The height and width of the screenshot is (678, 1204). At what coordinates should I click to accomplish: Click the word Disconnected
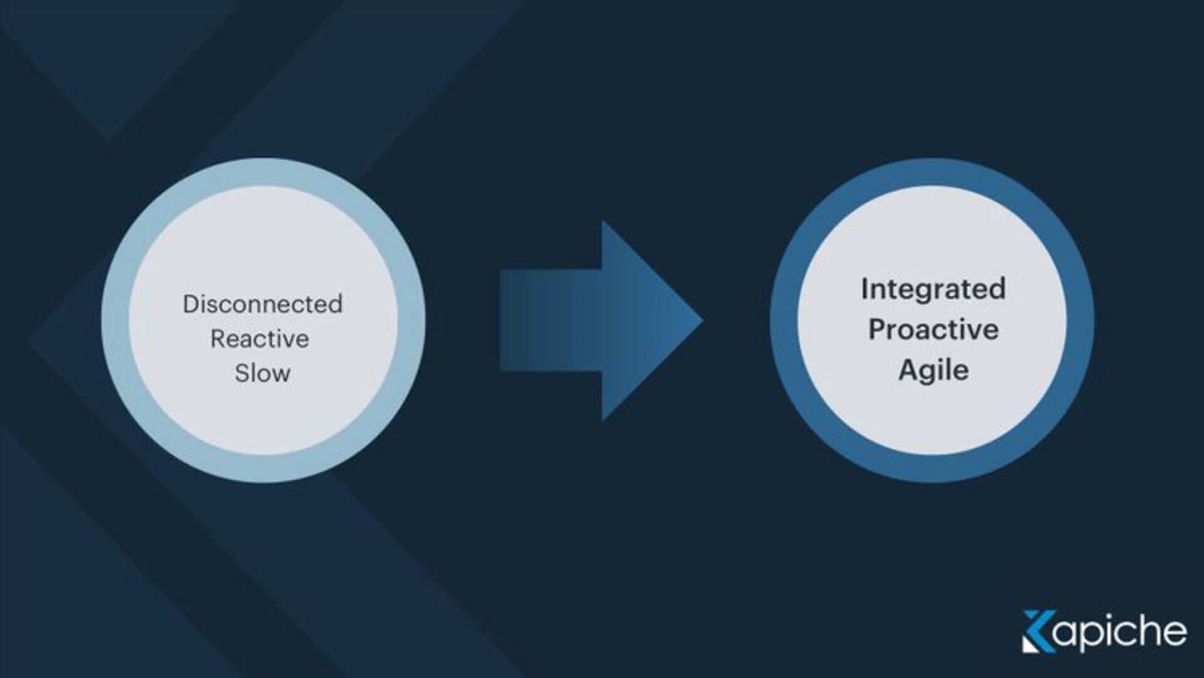pos(262,305)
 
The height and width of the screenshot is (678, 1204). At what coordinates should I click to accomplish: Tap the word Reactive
pos(260,339)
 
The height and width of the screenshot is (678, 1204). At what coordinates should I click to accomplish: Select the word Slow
pos(262,374)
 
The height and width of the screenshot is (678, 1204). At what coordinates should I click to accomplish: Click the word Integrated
pos(933,289)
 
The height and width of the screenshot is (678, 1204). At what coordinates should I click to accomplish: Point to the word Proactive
pos(933,330)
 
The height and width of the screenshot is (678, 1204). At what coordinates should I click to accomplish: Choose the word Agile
pos(933,371)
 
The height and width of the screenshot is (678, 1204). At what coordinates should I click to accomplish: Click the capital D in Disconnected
pos(190,305)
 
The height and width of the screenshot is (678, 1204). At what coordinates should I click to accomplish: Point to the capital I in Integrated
pos(865,289)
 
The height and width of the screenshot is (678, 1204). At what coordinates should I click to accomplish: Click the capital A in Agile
pos(908,369)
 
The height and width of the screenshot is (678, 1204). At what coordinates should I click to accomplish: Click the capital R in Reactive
pos(218,339)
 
